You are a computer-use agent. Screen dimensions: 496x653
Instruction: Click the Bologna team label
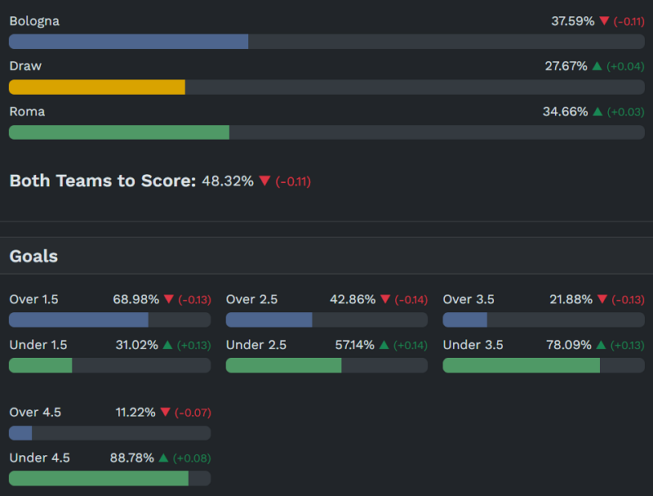click(34, 21)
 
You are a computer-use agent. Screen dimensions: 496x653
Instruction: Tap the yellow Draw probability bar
click(96, 87)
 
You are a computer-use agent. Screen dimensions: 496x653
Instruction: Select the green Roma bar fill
click(119, 132)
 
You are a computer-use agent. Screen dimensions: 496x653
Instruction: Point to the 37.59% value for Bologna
click(572, 21)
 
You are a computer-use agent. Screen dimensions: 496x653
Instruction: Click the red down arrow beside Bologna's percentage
click(604, 21)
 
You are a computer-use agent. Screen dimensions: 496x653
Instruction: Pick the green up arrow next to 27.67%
click(597, 66)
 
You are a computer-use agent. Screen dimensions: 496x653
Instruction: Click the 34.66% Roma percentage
click(565, 112)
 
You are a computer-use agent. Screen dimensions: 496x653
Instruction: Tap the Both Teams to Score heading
click(103, 181)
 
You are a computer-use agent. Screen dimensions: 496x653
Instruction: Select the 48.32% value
click(228, 181)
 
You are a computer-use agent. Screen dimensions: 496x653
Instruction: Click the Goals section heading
click(33, 256)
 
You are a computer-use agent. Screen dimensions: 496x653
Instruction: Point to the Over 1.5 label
click(33, 300)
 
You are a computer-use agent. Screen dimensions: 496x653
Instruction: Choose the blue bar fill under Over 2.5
click(269, 319)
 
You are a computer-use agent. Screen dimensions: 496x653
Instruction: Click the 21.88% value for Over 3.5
click(571, 300)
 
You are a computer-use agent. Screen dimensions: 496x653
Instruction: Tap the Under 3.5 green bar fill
click(521, 365)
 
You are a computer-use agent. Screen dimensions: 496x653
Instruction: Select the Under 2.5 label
click(256, 345)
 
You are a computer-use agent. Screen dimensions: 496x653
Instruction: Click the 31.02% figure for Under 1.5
click(137, 345)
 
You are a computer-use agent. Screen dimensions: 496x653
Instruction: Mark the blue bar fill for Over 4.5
click(20, 433)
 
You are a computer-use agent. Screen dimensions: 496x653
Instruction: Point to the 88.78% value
click(132, 458)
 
